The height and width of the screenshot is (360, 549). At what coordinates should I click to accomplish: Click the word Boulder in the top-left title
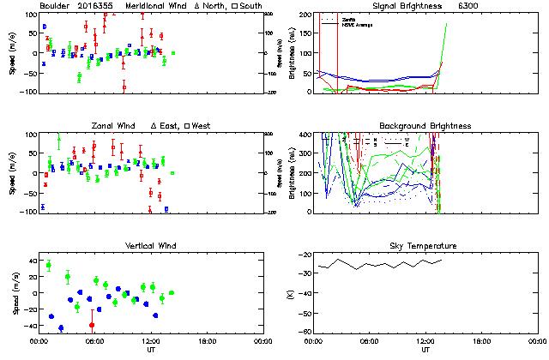(x=54, y=5)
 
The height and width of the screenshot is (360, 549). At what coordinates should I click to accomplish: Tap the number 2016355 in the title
(x=97, y=5)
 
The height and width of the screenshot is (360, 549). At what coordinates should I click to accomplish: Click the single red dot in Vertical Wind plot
(x=92, y=325)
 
